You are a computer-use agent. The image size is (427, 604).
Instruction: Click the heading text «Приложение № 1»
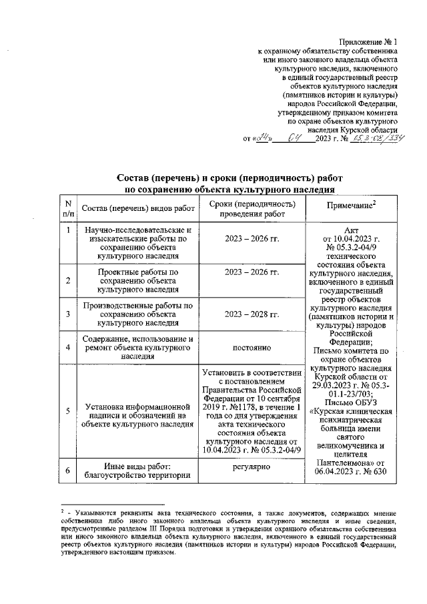click(x=368, y=41)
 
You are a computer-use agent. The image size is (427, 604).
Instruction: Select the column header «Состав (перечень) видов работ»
click(x=138, y=210)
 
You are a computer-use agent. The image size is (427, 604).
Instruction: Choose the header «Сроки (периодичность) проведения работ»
click(x=252, y=209)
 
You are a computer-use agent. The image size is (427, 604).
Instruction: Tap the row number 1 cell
click(x=68, y=230)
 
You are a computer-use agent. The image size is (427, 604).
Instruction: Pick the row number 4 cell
click(x=68, y=348)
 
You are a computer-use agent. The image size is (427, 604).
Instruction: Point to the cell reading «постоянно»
click(x=252, y=348)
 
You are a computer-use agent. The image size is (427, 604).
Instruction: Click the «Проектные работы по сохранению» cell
click(x=138, y=281)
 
